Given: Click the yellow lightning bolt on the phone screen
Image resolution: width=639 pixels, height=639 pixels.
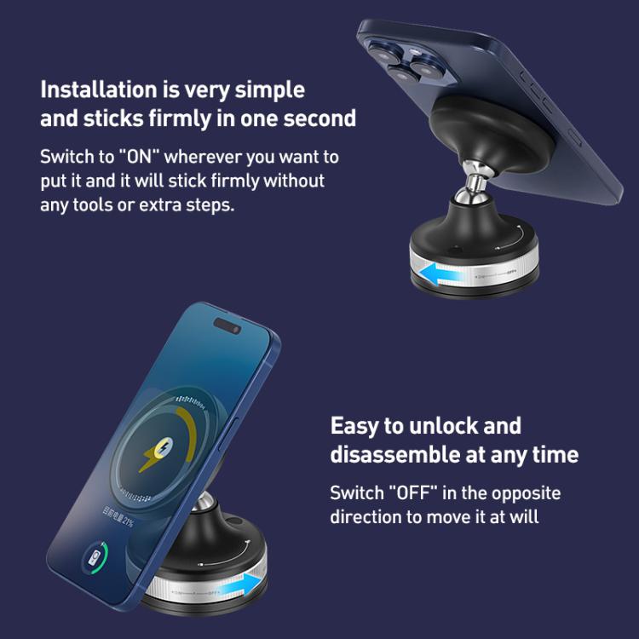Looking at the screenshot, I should coord(155,456).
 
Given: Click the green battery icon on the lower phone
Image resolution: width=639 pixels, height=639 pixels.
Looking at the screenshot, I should coord(95,563).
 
